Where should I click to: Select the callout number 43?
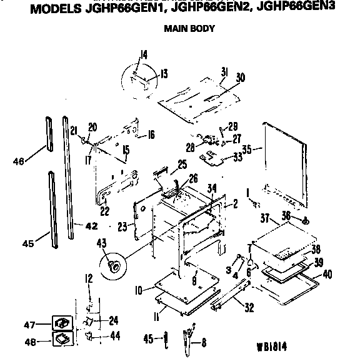[101, 243]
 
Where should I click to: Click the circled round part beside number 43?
[114, 265]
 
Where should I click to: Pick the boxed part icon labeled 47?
[62, 323]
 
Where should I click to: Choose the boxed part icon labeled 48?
[62, 340]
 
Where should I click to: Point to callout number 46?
[20, 161]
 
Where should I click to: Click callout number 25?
[182, 165]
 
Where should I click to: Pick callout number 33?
[237, 156]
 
